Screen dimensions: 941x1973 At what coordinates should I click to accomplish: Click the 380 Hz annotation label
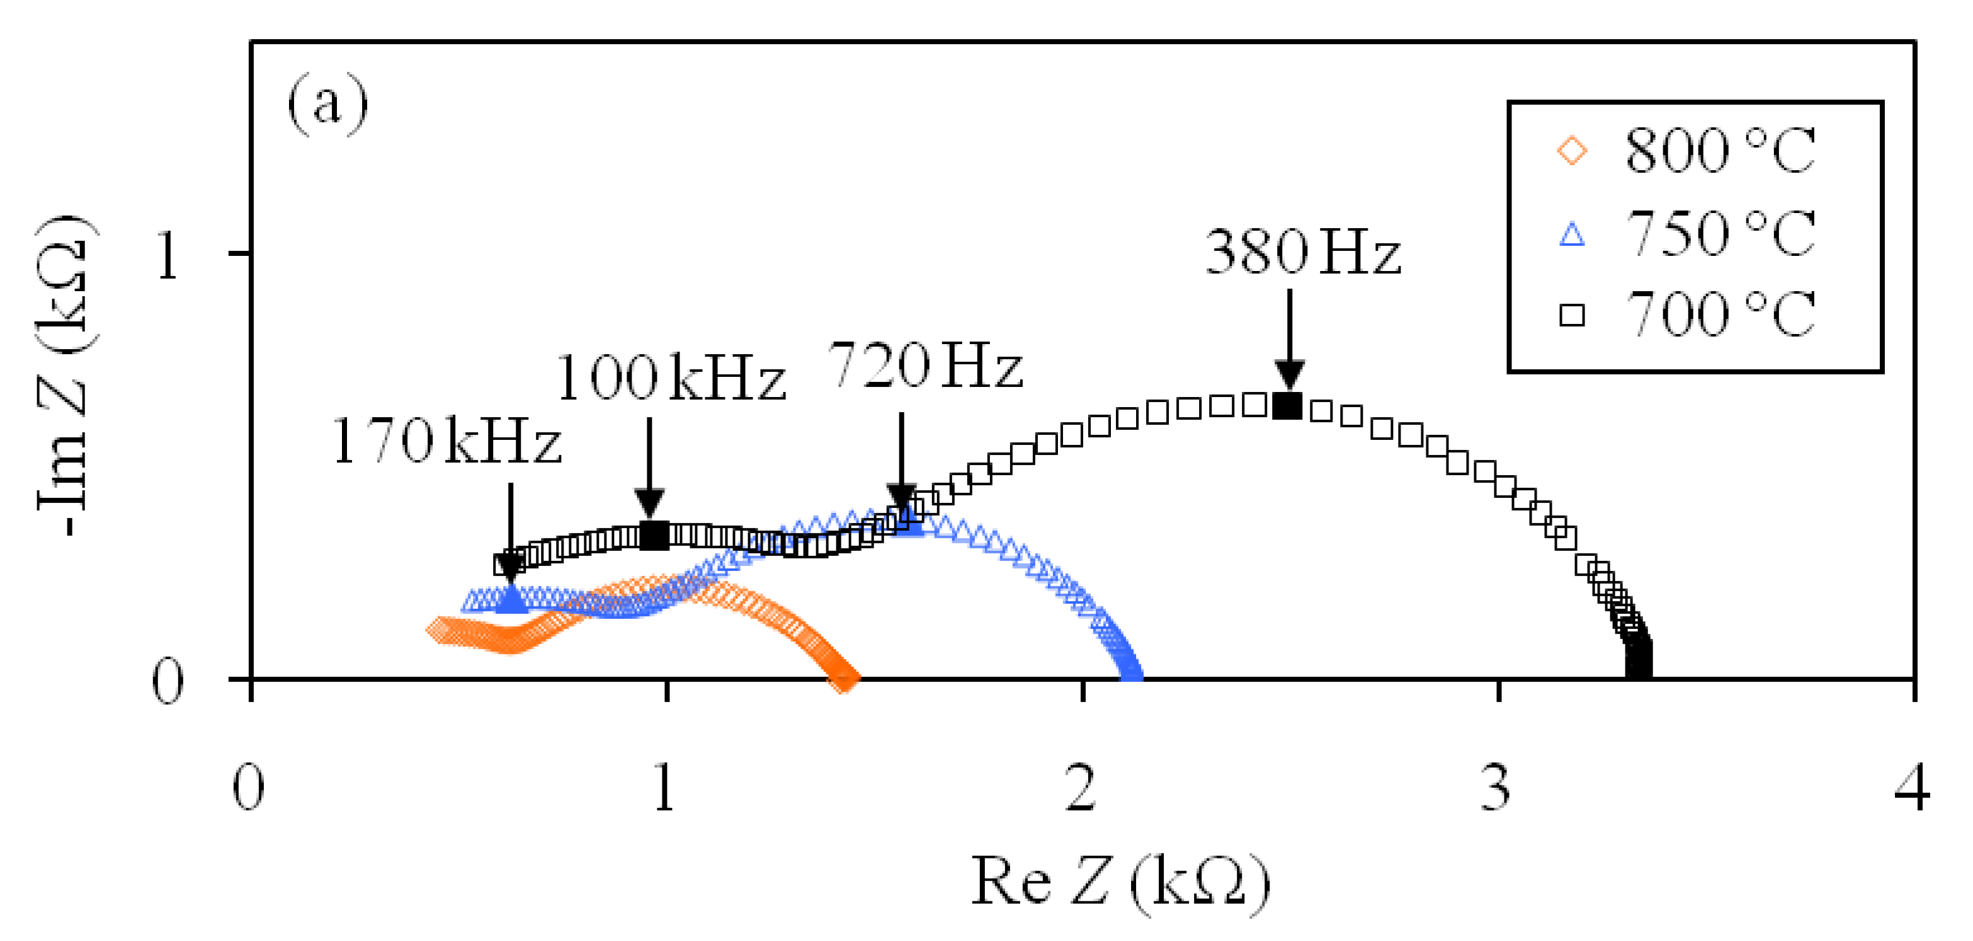point(1303,252)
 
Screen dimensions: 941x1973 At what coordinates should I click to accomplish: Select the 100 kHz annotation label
point(671,378)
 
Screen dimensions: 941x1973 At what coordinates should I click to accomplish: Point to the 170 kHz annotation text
point(446,442)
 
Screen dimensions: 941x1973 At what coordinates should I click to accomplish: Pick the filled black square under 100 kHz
point(653,536)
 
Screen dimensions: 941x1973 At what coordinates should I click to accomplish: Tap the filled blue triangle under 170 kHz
point(511,599)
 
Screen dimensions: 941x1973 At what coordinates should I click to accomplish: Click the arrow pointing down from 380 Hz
point(1290,337)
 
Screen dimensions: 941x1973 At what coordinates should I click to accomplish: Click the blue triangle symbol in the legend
point(1572,234)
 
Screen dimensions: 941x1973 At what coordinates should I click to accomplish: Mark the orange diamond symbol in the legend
point(1572,150)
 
